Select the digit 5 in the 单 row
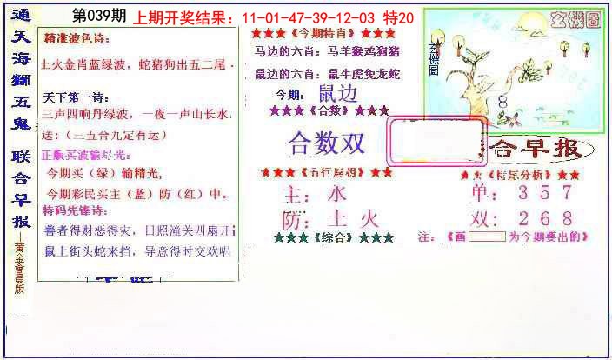(543, 193)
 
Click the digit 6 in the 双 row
(543, 217)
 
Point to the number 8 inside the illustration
(502, 102)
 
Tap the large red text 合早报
(535, 150)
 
